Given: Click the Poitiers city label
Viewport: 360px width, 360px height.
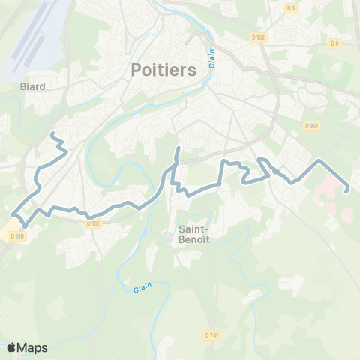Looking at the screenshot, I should (163, 69).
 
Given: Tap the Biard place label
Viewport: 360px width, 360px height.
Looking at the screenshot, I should (33, 86).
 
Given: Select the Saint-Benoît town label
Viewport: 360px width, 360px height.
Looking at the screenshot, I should (194, 234).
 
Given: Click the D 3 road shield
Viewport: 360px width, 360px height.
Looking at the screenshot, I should (292, 7).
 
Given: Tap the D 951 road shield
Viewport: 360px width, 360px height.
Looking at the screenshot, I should (312, 127).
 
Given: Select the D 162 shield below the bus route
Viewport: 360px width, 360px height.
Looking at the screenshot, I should (93, 223).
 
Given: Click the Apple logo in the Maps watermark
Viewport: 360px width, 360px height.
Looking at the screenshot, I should (12, 347).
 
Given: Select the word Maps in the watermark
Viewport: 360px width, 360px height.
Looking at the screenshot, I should (33, 347).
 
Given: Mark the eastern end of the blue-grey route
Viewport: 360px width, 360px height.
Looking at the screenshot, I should (346, 191).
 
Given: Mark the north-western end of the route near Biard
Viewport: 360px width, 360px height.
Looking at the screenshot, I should (51, 133).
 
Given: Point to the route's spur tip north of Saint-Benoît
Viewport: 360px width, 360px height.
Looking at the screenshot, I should (178, 148).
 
